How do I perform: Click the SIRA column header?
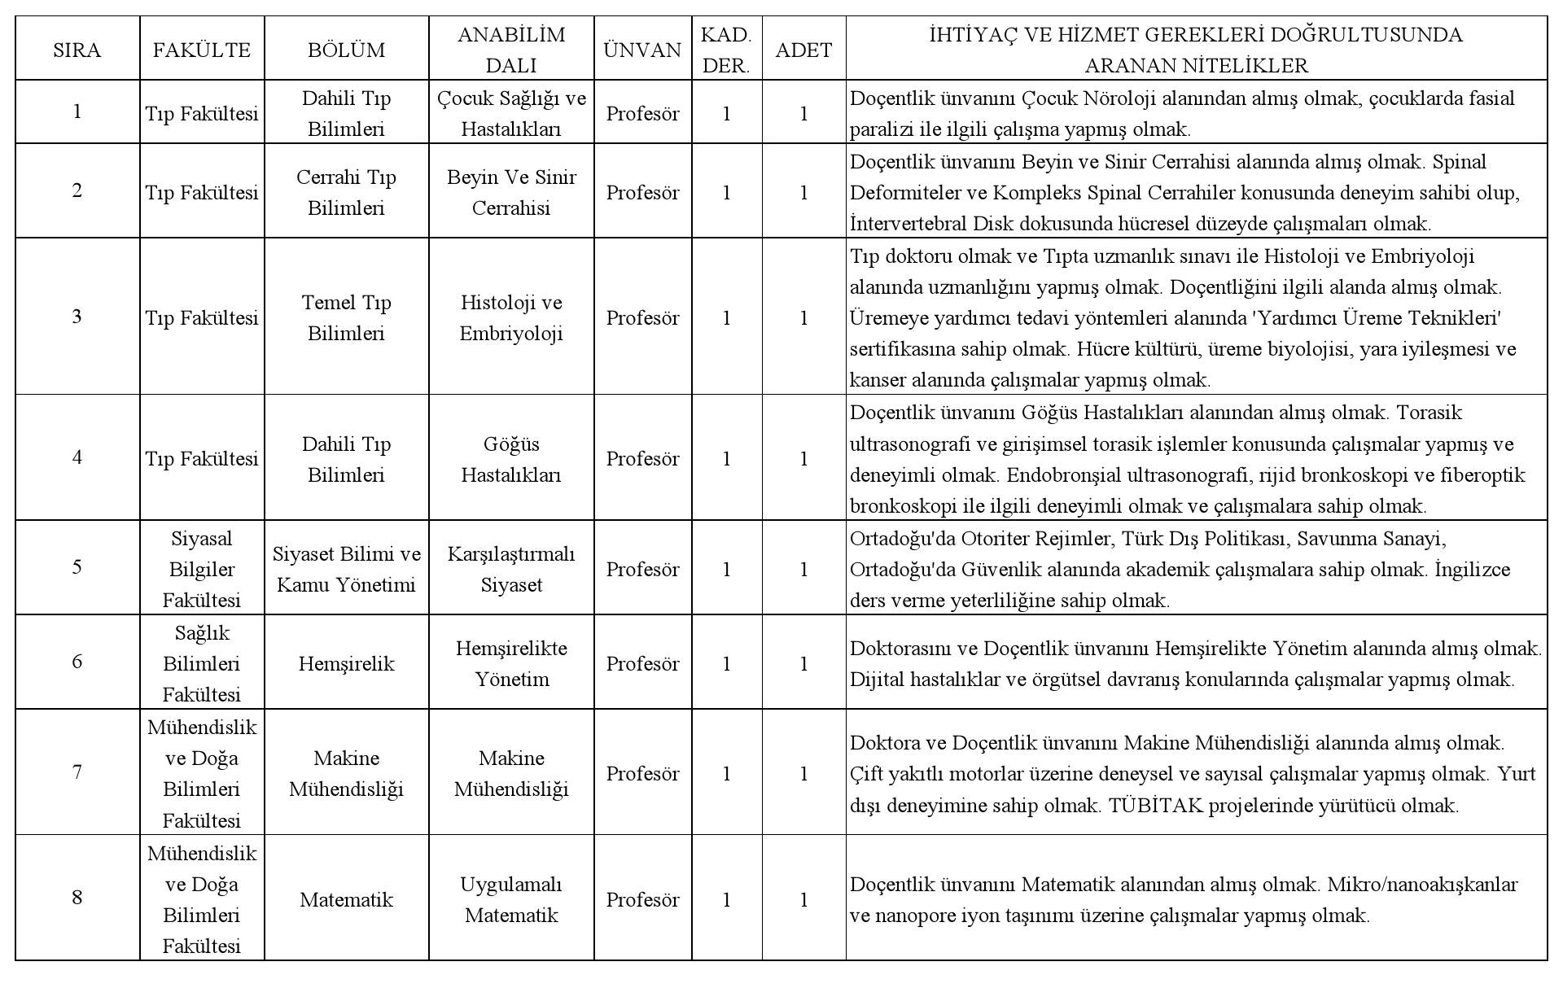77,50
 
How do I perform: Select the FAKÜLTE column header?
202,50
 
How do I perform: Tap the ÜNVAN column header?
642,50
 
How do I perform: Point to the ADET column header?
803,50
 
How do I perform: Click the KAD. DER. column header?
726,50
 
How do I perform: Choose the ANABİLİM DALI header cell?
511,50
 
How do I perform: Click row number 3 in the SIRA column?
77,317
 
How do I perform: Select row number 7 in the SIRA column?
77,772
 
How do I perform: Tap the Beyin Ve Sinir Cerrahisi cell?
511,192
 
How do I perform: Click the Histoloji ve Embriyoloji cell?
511,317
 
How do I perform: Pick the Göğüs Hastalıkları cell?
511,459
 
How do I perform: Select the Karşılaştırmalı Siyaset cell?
511,569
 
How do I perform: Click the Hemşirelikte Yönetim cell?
511,663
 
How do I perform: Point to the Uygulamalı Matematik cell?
511,899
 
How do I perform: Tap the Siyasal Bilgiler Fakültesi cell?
202,569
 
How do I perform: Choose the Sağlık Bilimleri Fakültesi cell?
202,663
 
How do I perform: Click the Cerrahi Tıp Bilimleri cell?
346,192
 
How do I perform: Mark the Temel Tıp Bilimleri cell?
346,317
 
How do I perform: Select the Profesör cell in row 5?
642,569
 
